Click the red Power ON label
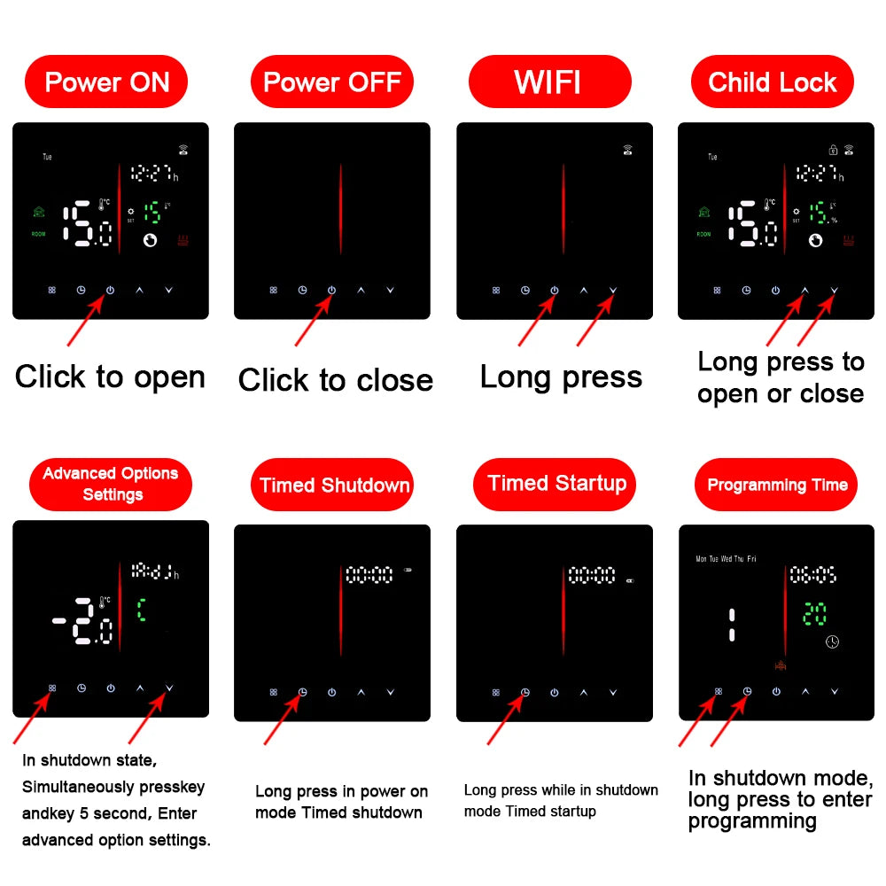pos(106,82)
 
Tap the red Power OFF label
pos(332,82)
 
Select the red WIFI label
pos(549,82)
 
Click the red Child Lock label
pos(772,82)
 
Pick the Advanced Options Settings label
pos(111,484)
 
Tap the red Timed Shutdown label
pos(334,485)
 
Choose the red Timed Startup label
pos(556,484)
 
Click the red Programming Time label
pos(777,485)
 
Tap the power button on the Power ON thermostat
pos(110,290)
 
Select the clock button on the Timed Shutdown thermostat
pos(302,692)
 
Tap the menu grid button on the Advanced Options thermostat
pos(52,688)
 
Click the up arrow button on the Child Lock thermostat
pos(804,290)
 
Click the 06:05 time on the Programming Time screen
pos(813,575)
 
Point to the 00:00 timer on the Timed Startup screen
pos(592,576)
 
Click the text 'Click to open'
pos(110,377)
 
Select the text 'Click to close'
pos(335,380)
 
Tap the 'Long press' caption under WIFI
pos(560,377)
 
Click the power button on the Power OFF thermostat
pos(331,290)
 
